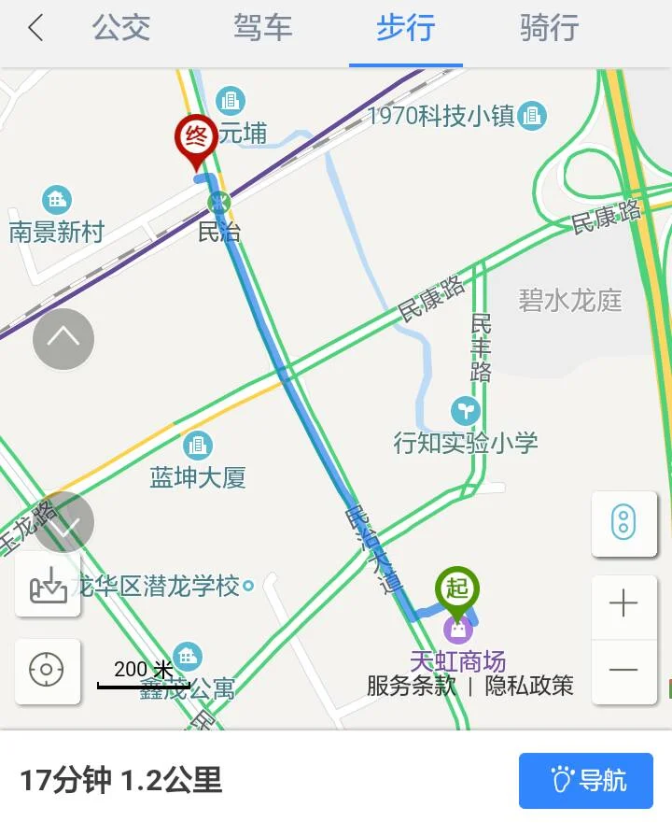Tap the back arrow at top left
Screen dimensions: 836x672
[35, 28]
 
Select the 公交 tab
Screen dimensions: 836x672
[121, 28]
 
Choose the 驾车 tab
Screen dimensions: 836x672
[263, 28]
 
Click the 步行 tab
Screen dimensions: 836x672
[406, 28]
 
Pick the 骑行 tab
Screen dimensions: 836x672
[549, 28]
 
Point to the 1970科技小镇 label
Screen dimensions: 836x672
[441, 117]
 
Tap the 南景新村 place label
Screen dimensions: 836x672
[56, 232]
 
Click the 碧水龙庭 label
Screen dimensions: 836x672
[570, 301]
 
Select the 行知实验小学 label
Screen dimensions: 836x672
[466, 442]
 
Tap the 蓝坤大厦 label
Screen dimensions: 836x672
[198, 478]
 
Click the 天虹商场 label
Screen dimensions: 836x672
[457, 661]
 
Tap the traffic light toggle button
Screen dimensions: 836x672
[623, 522]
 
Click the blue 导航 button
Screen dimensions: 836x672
[586, 780]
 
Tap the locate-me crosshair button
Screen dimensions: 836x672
[47, 670]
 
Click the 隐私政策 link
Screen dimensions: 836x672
[529, 686]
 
